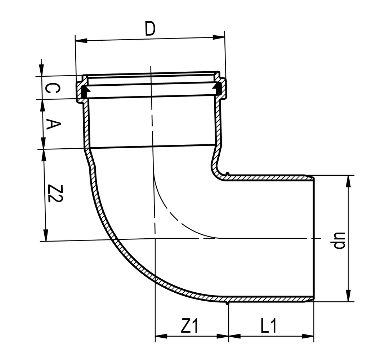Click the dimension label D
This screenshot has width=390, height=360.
pos(150,29)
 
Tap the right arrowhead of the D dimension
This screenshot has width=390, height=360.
pos(219,37)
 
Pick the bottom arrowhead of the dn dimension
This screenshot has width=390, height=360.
pos(348,296)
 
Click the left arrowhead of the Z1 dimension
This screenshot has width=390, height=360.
pos(161,337)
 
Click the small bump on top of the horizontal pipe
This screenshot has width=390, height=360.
pos(227,174)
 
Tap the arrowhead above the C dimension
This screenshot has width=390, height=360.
pos(42,70)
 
